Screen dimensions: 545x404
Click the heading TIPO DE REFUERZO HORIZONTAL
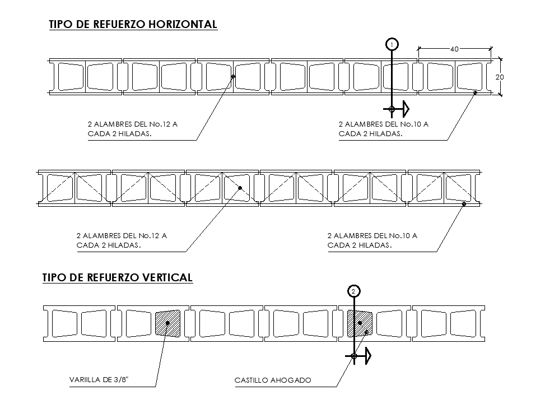coord(133,24)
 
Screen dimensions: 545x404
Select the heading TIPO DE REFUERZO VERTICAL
coord(118,277)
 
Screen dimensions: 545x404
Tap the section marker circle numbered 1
coord(392,44)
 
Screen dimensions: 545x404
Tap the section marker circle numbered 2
coord(353,291)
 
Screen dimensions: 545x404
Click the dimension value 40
coord(454,49)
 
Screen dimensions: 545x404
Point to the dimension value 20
coord(500,77)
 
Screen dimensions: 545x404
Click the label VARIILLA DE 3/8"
coord(99,380)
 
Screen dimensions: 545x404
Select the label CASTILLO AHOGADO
coord(273,380)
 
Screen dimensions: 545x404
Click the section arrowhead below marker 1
coord(406,109)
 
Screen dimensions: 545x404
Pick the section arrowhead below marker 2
coord(367,356)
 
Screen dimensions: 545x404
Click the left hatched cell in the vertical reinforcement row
coord(167,323)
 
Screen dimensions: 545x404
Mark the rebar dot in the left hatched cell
coord(167,323)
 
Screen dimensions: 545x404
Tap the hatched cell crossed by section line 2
coord(360,323)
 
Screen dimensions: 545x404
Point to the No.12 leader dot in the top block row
coord(233,77)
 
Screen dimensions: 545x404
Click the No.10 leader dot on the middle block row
coord(464,204)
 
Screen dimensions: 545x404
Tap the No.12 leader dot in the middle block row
coord(240,188)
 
